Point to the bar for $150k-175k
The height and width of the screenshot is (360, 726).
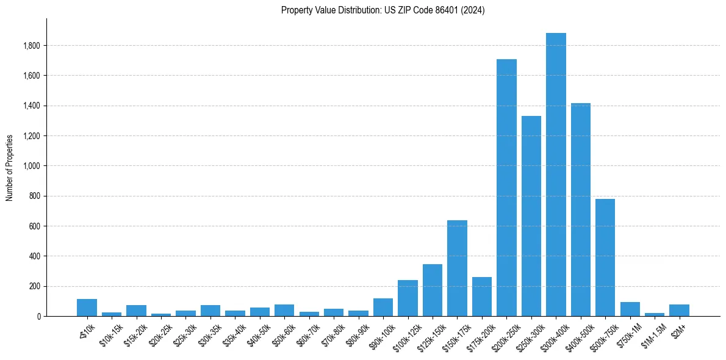point(457,268)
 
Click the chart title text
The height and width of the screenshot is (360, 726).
point(383,10)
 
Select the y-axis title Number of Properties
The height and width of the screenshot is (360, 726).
point(10,168)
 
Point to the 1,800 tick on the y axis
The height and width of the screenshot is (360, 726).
point(32,46)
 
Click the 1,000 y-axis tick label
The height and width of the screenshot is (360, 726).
point(32,166)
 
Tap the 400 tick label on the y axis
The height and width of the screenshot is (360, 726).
point(34,256)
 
